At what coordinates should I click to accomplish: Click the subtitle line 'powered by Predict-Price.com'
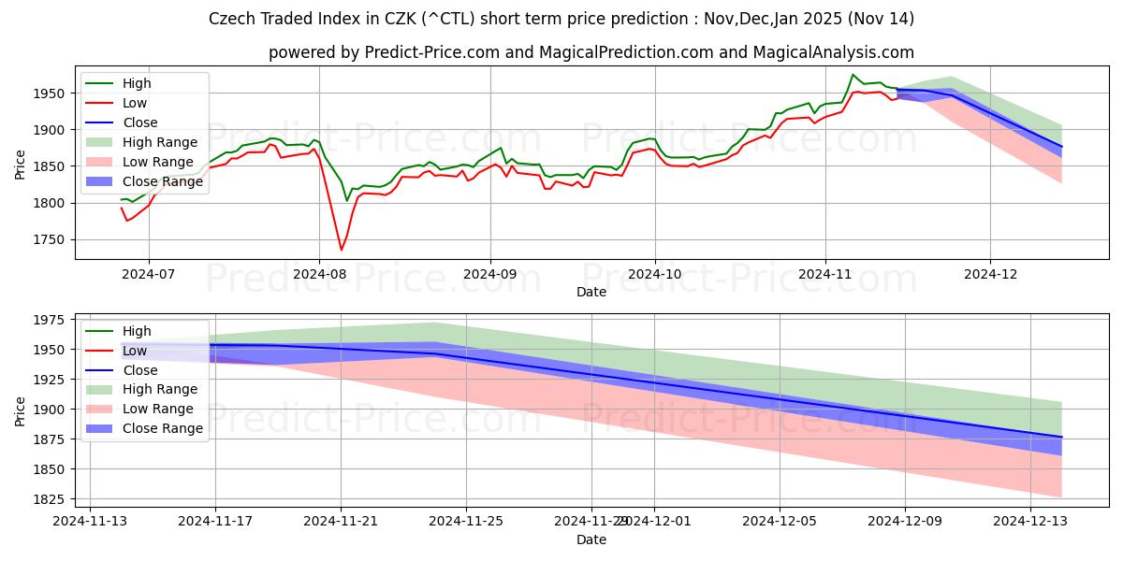[x=591, y=53]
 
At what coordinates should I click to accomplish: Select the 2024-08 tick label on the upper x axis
[x=319, y=274]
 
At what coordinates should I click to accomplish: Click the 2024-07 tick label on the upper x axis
[x=148, y=274]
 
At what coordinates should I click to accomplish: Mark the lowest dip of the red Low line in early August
[x=341, y=250]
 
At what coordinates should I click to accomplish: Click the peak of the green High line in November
[x=853, y=75]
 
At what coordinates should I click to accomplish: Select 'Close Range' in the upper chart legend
[x=165, y=181]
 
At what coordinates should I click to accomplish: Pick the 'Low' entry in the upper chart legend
[x=135, y=103]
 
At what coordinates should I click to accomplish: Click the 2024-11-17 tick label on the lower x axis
[x=215, y=522]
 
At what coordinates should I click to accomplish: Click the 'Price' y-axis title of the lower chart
[x=21, y=410]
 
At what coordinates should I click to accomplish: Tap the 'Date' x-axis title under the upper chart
[x=591, y=292]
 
